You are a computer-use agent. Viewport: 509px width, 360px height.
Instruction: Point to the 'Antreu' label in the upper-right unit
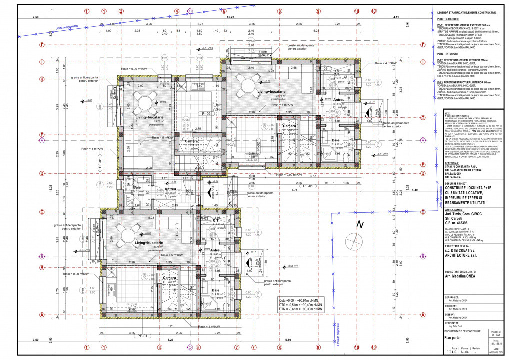click(x=339, y=100)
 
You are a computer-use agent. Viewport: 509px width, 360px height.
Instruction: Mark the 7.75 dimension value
click(x=280, y=190)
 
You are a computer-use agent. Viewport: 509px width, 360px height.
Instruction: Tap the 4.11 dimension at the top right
click(x=396, y=18)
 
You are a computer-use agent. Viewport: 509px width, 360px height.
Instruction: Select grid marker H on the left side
click(x=42, y=79)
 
